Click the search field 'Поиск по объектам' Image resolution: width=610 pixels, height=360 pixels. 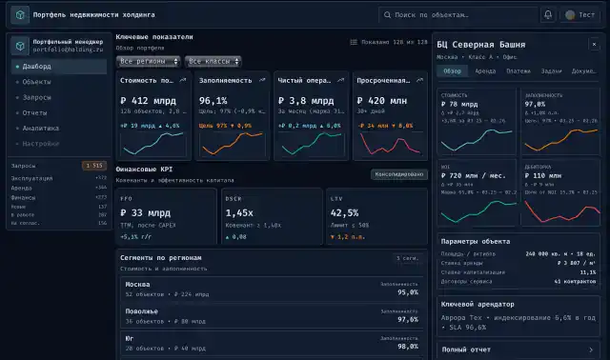coord(457,15)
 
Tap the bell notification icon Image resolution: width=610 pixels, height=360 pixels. coord(548,15)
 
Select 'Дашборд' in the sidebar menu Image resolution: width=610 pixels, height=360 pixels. coord(37,67)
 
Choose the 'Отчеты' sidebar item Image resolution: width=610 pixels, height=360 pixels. coord(36,112)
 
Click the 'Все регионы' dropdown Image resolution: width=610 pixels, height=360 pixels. coord(148,61)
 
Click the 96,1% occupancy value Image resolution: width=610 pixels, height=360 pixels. coord(213,100)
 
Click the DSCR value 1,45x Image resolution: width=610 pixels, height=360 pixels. coord(239,212)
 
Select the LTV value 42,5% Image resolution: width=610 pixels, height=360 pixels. coord(344,212)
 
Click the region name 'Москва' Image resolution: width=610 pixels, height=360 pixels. coord(137,284)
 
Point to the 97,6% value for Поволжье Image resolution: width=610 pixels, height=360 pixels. coord(407,319)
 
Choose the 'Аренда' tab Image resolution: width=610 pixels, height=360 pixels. coord(484,71)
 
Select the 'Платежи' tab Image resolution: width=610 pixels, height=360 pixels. coord(518,71)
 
